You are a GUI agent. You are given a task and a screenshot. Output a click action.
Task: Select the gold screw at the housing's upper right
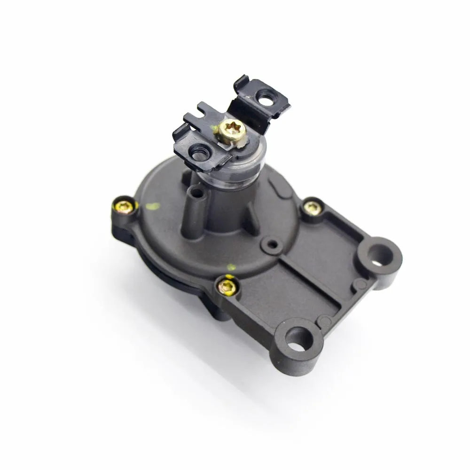(x=311, y=207)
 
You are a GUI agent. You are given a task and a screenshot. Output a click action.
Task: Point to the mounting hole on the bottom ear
(x=297, y=340)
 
